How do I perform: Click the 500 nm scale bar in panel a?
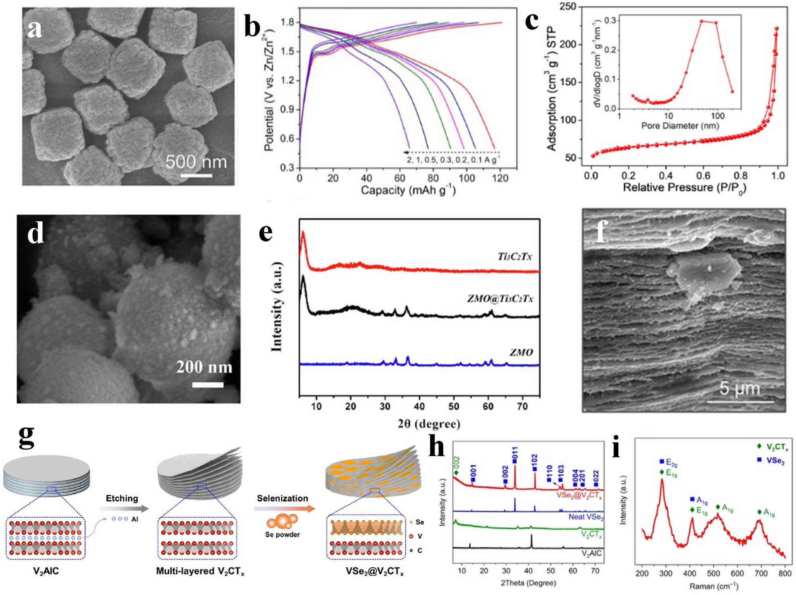coord(196,175)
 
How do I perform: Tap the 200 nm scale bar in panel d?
coord(208,385)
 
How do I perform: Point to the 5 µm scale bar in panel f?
coord(740,401)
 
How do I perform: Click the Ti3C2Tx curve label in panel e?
coord(514,256)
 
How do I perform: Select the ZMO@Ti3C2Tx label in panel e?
coord(500,298)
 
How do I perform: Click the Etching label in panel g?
coord(122,498)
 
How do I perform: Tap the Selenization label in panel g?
coord(282,498)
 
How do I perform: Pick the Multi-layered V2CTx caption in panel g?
coord(200,571)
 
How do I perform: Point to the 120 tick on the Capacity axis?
coord(500,178)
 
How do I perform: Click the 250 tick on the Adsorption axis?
coord(568,7)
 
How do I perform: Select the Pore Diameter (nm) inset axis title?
coord(680,126)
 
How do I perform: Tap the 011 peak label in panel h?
coord(515,454)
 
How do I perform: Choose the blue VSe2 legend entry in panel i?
coord(771,461)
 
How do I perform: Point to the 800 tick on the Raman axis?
coord(785,573)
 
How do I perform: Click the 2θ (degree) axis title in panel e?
coord(429,424)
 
